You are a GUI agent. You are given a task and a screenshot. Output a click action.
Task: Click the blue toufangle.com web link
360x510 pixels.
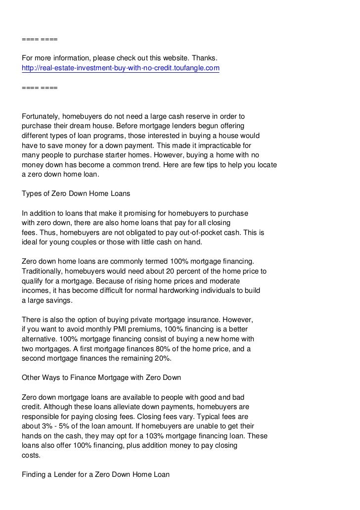click(x=121, y=68)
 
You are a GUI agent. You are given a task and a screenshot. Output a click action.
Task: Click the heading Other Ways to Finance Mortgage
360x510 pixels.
click(x=102, y=377)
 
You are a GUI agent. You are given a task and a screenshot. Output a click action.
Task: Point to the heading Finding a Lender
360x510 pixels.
click(x=96, y=474)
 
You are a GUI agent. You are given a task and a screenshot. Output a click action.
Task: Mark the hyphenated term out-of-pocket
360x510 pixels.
click(x=185, y=232)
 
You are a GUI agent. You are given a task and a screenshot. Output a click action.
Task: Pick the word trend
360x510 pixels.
click(x=138, y=165)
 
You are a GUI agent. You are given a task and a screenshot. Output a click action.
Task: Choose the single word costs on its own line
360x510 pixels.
click(x=32, y=455)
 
